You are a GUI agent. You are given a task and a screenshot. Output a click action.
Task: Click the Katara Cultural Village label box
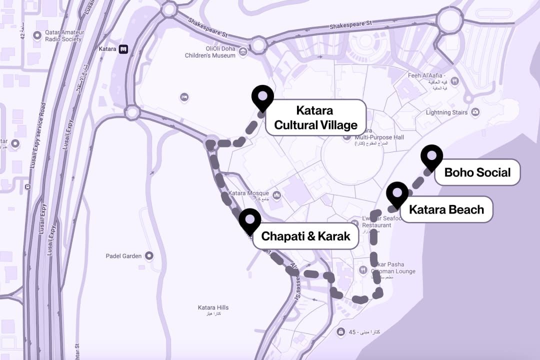[x=315, y=117]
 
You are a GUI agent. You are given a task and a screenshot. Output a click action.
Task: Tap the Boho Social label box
[x=477, y=173]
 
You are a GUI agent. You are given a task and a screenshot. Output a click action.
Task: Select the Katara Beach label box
[x=446, y=209]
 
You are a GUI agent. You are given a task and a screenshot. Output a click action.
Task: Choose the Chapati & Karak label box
[x=305, y=236]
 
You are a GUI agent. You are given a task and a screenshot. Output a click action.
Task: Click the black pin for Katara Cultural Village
[x=262, y=97]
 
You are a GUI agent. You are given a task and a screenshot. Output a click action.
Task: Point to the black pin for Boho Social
[x=431, y=156]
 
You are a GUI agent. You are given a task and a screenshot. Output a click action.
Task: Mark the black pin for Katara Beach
[x=397, y=193]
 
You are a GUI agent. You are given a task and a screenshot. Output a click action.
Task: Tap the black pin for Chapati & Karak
[x=250, y=220]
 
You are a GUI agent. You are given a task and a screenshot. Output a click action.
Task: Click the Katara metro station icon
[x=123, y=49]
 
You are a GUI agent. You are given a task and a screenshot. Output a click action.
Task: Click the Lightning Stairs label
[x=446, y=112]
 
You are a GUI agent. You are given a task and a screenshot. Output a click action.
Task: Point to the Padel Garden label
[x=123, y=256]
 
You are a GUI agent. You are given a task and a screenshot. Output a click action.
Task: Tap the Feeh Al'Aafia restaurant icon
[x=454, y=80]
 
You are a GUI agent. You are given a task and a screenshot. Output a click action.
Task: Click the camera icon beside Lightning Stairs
[x=475, y=112]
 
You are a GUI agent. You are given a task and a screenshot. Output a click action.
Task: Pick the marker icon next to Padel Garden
[x=148, y=256]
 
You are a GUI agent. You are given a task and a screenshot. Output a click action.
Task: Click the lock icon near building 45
[x=340, y=332]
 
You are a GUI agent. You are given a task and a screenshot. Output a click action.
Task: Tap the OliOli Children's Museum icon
[x=243, y=51]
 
